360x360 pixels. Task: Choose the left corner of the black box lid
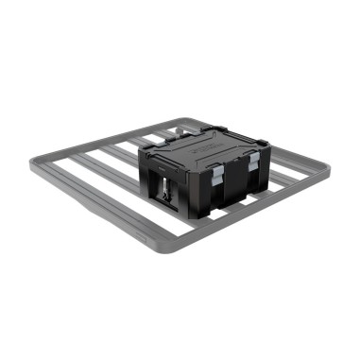point(142,150)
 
